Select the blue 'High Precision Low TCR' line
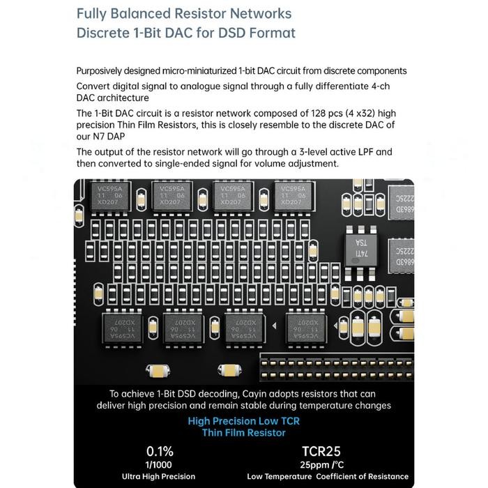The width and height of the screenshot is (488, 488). [x=244, y=420]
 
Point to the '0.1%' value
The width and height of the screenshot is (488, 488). [x=160, y=451]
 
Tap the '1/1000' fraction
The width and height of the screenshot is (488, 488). [x=160, y=464]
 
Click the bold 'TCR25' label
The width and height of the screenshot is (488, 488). [x=321, y=451]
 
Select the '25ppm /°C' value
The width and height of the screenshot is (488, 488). [x=321, y=464]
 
